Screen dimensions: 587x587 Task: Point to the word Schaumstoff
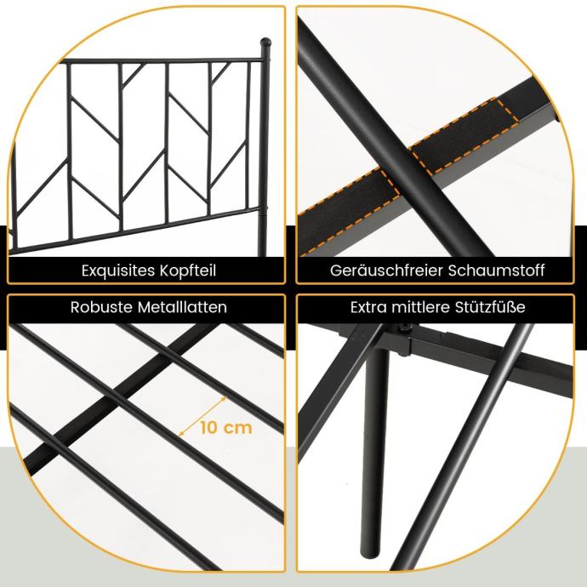[x=496, y=271]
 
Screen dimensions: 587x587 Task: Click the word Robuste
[x=101, y=307]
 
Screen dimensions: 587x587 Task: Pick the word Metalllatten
[x=182, y=307]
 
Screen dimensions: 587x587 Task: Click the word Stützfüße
[x=490, y=307]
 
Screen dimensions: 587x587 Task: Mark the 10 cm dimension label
[x=226, y=428]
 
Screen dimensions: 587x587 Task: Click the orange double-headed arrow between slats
[x=202, y=416]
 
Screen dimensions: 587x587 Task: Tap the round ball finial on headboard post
[x=265, y=43]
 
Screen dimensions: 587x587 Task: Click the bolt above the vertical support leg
[x=404, y=328]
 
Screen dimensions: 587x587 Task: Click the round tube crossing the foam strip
[x=396, y=140]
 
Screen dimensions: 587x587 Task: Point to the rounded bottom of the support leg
[x=369, y=553]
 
